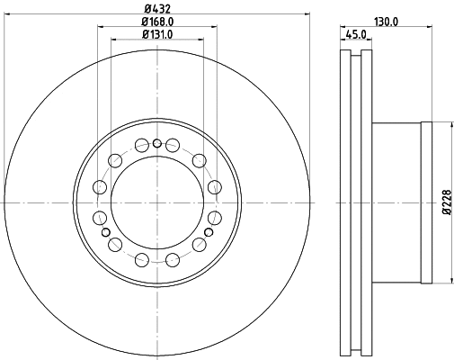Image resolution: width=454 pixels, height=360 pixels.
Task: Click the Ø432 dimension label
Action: (x=157, y=9)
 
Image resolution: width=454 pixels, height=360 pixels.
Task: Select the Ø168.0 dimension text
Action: (x=157, y=22)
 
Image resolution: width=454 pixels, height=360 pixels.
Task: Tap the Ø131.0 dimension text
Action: (x=157, y=34)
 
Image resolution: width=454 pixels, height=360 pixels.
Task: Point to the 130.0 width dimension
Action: (x=386, y=22)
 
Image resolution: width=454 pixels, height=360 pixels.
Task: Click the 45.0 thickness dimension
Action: (x=356, y=34)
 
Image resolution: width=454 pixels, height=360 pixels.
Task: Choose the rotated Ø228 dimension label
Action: (x=446, y=202)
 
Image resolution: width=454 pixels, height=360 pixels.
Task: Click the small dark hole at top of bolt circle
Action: (x=157, y=144)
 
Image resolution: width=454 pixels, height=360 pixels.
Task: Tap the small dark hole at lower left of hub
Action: (x=106, y=232)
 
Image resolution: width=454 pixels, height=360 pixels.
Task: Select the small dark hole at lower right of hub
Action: (x=209, y=232)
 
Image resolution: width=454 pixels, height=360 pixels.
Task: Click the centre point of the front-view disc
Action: (x=157, y=203)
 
